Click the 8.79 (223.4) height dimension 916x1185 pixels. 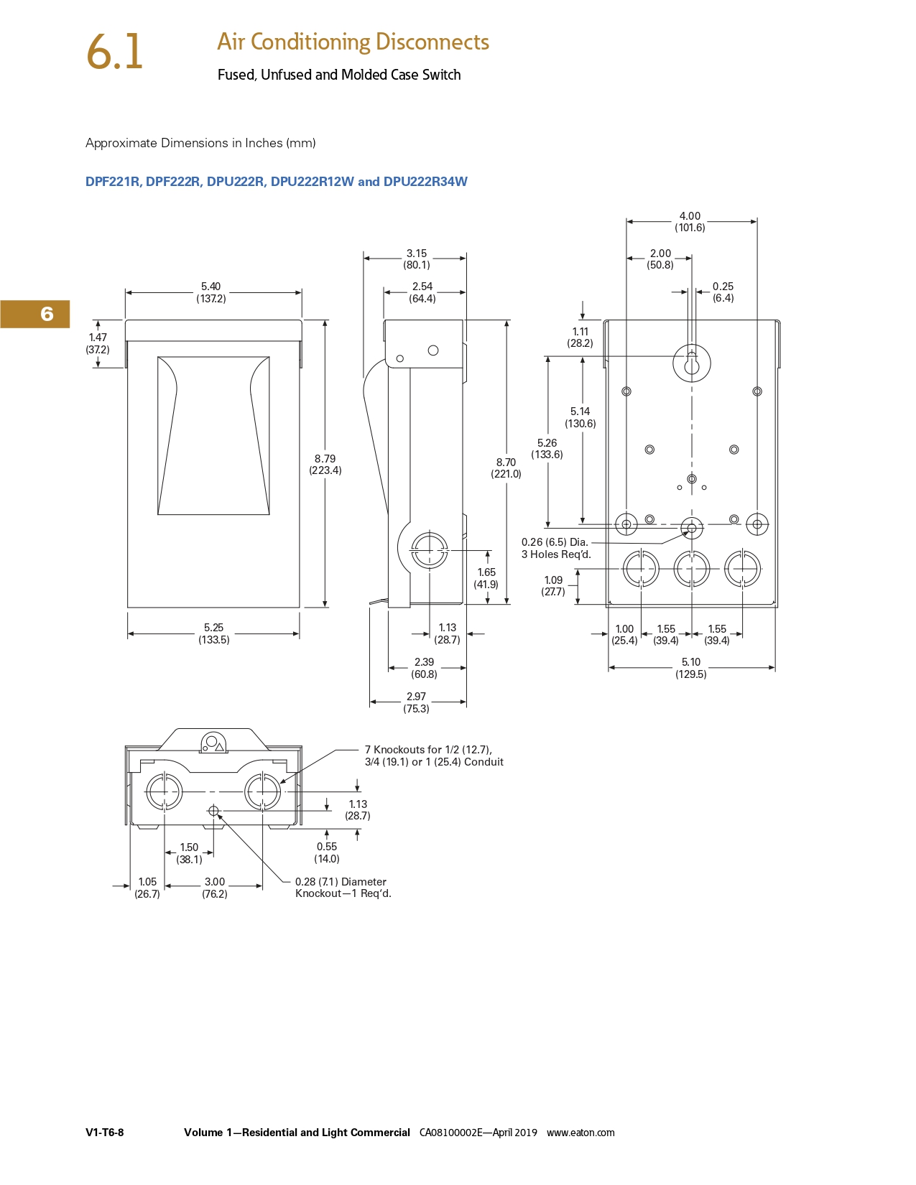click(325, 465)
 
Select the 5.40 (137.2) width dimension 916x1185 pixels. click(211, 292)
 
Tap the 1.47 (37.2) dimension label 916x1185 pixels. click(98, 343)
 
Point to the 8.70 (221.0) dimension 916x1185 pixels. click(506, 468)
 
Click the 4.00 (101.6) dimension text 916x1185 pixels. click(690, 222)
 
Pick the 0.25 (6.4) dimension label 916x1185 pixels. click(723, 292)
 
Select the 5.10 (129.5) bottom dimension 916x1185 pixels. click(691, 668)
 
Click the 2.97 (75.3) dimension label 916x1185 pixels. click(416, 702)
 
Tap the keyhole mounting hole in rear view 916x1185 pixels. click(691, 363)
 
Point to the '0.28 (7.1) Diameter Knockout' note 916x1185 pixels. click(343, 888)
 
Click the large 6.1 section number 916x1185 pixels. click(115, 52)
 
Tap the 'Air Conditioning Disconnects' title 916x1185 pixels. click(353, 42)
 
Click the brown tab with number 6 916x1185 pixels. click(35, 314)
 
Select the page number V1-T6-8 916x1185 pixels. click(104, 1133)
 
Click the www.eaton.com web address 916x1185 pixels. click(580, 1133)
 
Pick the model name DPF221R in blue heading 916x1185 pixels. click(112, 182)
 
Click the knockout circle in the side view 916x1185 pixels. click(429, 551)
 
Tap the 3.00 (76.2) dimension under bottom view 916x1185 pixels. click(215, 888)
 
